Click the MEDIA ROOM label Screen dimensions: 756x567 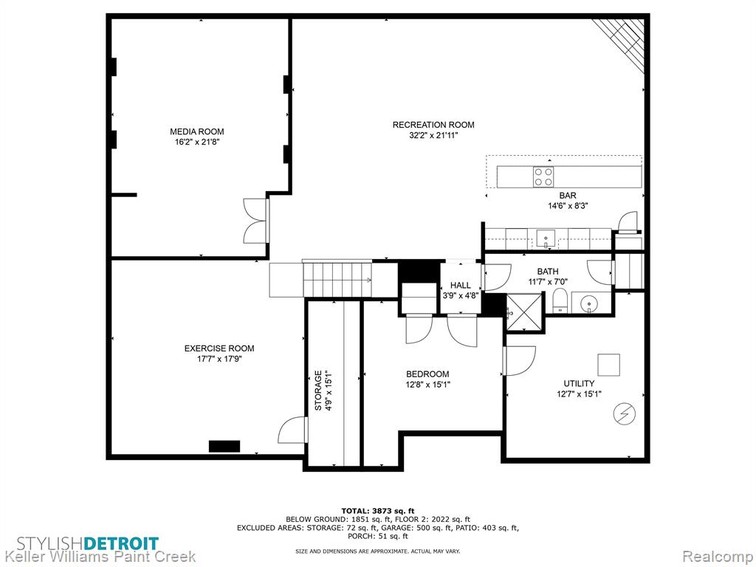coord(196,131)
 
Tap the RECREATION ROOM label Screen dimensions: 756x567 coord(433,125)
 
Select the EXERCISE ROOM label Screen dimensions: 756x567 coord(219,348)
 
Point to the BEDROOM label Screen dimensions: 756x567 coord(427,374)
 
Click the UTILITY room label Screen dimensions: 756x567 coord(579,384)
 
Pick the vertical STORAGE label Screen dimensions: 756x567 coord(318,391)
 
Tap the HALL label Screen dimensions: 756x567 coord(461,286)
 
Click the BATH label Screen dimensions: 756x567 coord(548,272)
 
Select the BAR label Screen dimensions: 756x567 coord(568,196)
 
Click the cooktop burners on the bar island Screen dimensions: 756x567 coord(543,176)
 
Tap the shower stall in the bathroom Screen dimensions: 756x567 coord(524,313)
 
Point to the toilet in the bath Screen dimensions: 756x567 coord(560,301)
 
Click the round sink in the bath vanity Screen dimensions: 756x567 coord(588,304)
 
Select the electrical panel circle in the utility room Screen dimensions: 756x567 coord(625,413)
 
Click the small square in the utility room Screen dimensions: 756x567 coord(609,365)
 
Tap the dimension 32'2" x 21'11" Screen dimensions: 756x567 coord(433,136)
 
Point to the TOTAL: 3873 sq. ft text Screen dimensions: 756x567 coord(378,511)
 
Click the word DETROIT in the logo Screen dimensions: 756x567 coord(121,543)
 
